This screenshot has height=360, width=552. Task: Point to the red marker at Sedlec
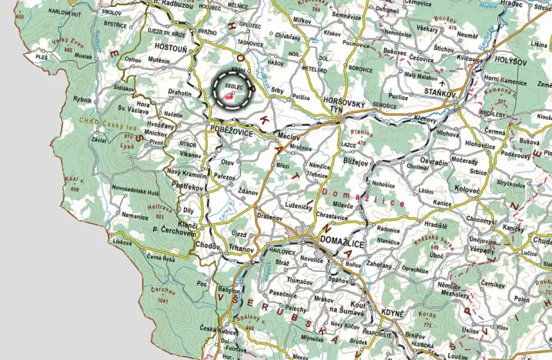[230, 97]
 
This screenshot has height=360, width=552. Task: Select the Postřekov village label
[185, 187]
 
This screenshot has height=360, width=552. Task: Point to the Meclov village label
[289, 136]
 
